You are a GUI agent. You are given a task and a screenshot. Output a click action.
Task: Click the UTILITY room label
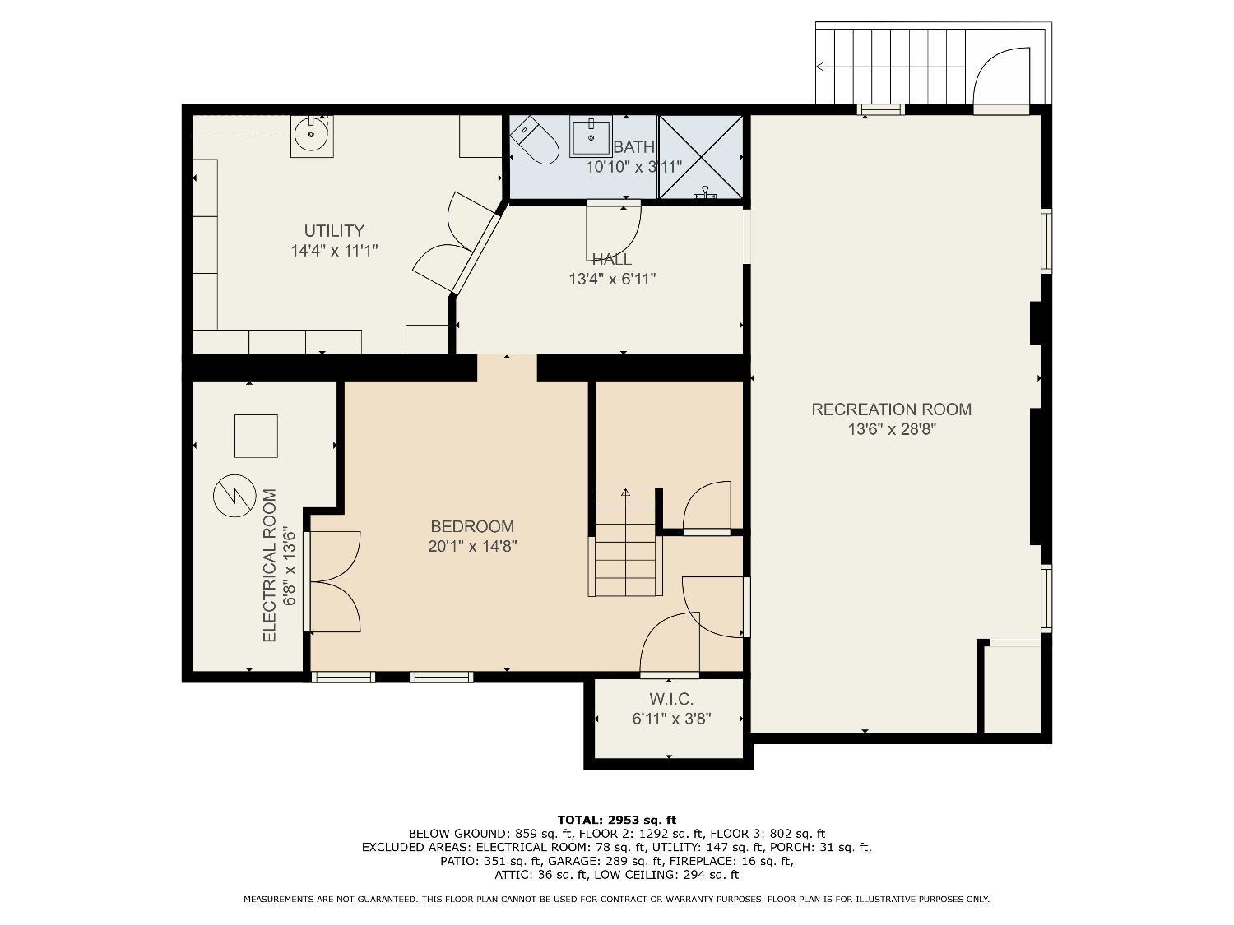(334, 231)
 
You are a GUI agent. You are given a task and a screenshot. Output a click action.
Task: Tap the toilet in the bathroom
(534, 141)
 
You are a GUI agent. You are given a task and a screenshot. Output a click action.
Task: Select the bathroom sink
(591, 136)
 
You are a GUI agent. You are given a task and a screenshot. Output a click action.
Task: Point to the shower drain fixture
(704, 194)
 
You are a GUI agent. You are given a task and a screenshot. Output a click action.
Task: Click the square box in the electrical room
(256, 436)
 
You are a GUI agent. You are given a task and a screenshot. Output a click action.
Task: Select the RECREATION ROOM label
(891, 409)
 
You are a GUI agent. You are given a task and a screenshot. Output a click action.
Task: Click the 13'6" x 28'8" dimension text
(892, 430)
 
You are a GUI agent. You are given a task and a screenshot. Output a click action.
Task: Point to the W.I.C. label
(671, 699)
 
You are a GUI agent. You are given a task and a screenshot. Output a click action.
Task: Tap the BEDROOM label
(472, 526)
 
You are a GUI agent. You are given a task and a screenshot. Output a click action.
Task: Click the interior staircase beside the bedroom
(625, 542)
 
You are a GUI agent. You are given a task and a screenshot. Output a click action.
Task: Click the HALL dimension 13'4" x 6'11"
(612, 279)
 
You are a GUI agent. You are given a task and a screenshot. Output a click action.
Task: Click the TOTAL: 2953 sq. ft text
(617, 820)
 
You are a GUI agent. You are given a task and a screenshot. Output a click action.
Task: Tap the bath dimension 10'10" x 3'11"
(634, 167)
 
